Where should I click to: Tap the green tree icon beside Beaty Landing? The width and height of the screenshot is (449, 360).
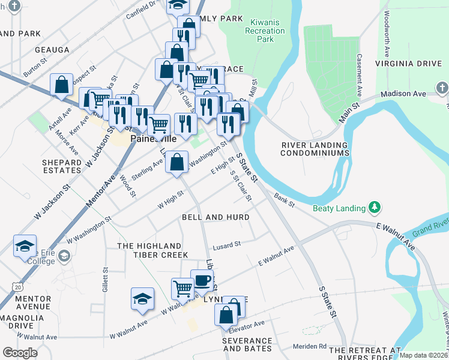click(x=375, y=208)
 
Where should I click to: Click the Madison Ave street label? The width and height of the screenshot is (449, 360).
click(x=406, y=94)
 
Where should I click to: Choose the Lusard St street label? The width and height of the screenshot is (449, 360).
click(x=226, y=244)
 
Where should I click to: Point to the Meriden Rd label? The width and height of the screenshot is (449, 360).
click(x=310, y=346)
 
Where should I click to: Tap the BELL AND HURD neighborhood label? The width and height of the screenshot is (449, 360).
click(x=215, y=217)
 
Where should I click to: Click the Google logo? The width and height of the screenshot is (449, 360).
click(x=20, y=353)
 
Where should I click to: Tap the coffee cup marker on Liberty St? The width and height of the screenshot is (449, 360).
click(x=202, y=280)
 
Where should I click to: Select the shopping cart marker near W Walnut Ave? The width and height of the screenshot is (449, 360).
click(x=182, y=287)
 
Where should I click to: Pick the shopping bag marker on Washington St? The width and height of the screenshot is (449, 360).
click(x=176, y=161)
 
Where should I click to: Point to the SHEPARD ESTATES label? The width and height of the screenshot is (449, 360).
click(x=62, y=166)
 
